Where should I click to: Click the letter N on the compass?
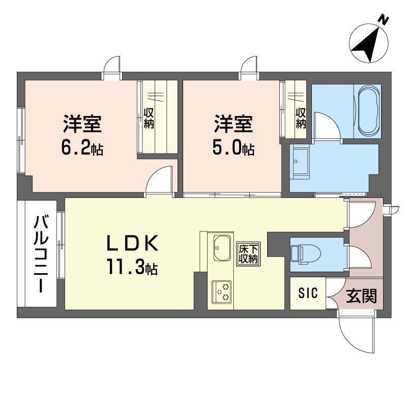coord(383,20)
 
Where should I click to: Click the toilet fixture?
coord(305,254)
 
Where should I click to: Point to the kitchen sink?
coord(222,248)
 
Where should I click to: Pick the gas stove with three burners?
coord(221,292)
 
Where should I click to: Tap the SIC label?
coord(308,294)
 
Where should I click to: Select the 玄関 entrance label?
coord(361,296)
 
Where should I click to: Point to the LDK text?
coord(132,243)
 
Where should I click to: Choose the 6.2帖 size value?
coord(82,148)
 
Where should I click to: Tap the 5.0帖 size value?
coord(234,148)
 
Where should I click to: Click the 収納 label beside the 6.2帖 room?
coord(149,119)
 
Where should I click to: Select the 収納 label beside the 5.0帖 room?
coord(301,118)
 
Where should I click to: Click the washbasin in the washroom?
coord(301,163)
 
